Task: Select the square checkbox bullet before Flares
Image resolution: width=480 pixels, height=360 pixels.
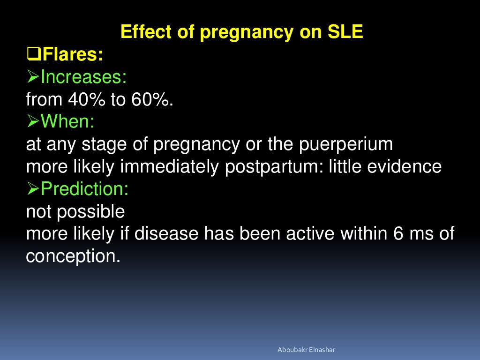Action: click(33, 55)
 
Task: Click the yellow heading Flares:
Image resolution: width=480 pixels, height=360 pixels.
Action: click(72, 55)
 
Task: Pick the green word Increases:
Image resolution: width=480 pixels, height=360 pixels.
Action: click(83, 77)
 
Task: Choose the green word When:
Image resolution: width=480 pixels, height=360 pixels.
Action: click(67, 122)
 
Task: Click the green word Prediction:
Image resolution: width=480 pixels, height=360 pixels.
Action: click(84, 189)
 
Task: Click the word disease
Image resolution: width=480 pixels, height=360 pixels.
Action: click(166, 234)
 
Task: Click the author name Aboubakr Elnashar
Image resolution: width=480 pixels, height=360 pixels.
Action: click(307, 350)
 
